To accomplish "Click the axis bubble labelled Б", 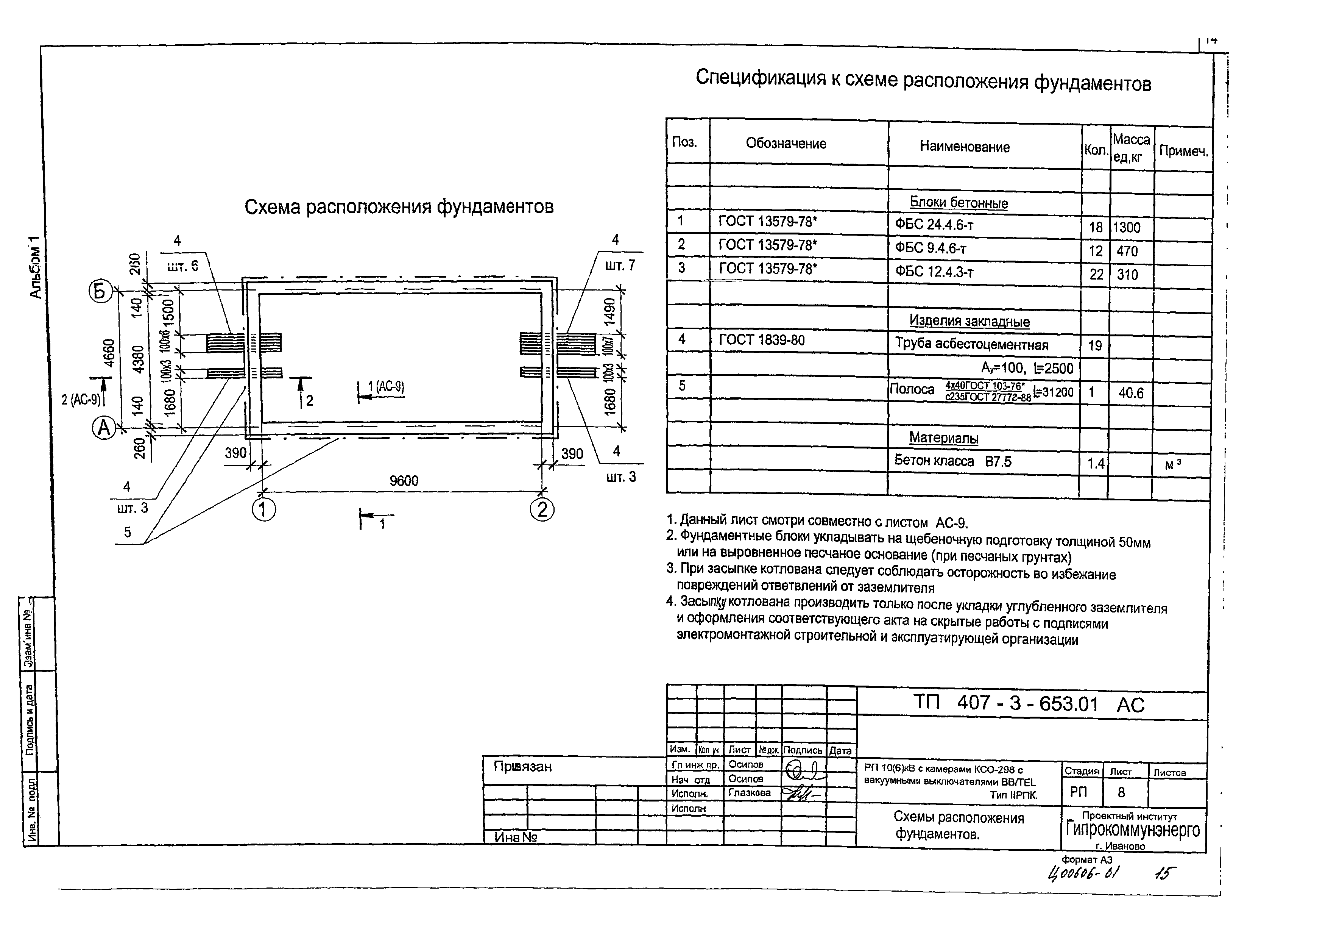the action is click(x=100, y=291).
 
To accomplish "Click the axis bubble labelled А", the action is click(x=104, y=429).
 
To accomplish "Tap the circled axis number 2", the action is click(x=542, y=510).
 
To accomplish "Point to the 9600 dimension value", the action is click(x=404, y=481).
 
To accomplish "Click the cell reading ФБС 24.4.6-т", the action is click(x=935, y=225).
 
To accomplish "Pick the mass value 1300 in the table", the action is click(x=1127, y=227).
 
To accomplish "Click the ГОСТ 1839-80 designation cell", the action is click(x=762, y=340).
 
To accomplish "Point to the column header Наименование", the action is click(x=965, y=147).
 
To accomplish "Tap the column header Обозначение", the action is click(x=786, y=144).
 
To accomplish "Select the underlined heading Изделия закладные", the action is click(x=970, y=321).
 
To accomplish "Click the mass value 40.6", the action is click(x=1131, y=394).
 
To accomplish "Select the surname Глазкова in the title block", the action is click(x=750, y=793).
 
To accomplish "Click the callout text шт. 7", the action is click(x=620, y=266).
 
